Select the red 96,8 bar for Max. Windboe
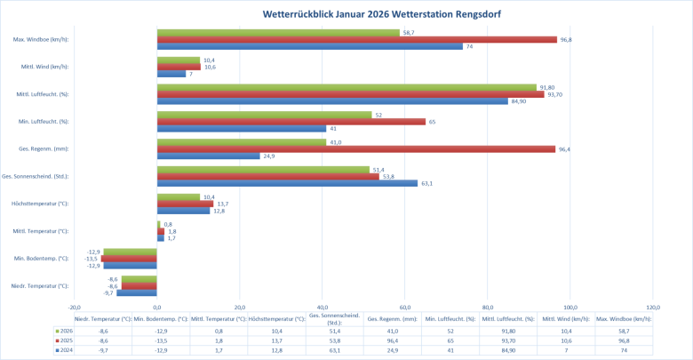(x=355, y=39)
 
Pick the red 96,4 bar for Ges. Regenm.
(x=355, y=148)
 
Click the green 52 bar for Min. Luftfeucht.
(x=264, y=115)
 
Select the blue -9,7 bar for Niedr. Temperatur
(x=137, y=292)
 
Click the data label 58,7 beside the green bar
(x=410, y=33)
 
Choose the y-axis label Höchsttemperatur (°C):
(x=43, y=204)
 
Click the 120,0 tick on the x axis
(x=652, y=308)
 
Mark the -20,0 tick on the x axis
(x=75, y=308)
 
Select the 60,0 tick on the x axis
(x=404, y=308)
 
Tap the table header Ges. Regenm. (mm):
(x=392, y=318)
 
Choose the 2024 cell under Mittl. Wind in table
(x=565, y=351)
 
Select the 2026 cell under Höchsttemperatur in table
(x=276, y=330)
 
